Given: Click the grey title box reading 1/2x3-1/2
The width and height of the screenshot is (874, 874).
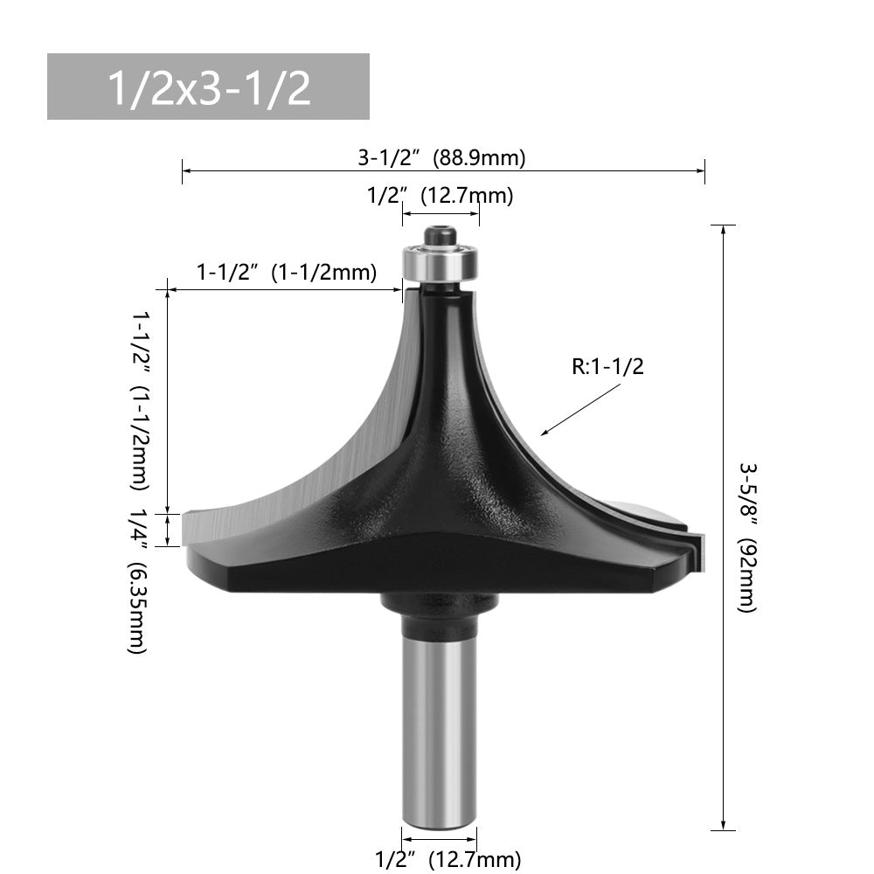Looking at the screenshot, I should tap(208, 87).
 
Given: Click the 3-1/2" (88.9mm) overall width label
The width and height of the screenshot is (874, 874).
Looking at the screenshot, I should tap(441, 158).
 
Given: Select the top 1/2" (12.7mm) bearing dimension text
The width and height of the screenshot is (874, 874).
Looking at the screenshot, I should tap(440, 196).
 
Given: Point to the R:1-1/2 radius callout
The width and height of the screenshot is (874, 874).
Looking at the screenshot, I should tap(607, 366).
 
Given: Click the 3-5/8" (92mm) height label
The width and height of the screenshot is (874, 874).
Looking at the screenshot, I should tap(748, 537).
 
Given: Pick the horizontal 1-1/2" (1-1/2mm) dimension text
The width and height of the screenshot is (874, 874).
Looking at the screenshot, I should tap(287, 272).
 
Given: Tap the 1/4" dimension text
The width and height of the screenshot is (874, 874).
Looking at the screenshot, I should tap(139, 528).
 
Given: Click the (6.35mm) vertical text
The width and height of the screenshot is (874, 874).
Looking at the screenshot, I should tap(138, 608).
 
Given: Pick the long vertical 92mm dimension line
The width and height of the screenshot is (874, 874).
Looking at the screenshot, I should tap(722, 524).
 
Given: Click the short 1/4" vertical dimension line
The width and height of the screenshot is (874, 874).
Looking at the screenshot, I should tap(167, 529).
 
